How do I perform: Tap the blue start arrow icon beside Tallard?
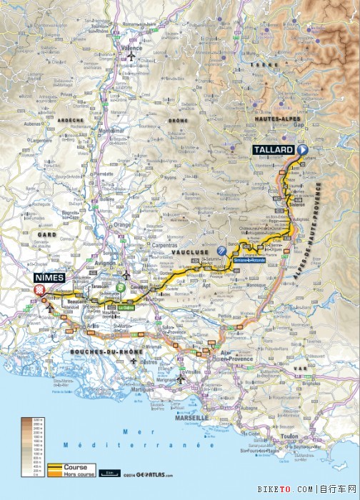coord(301,150)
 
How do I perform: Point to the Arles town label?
coord(94,325)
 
